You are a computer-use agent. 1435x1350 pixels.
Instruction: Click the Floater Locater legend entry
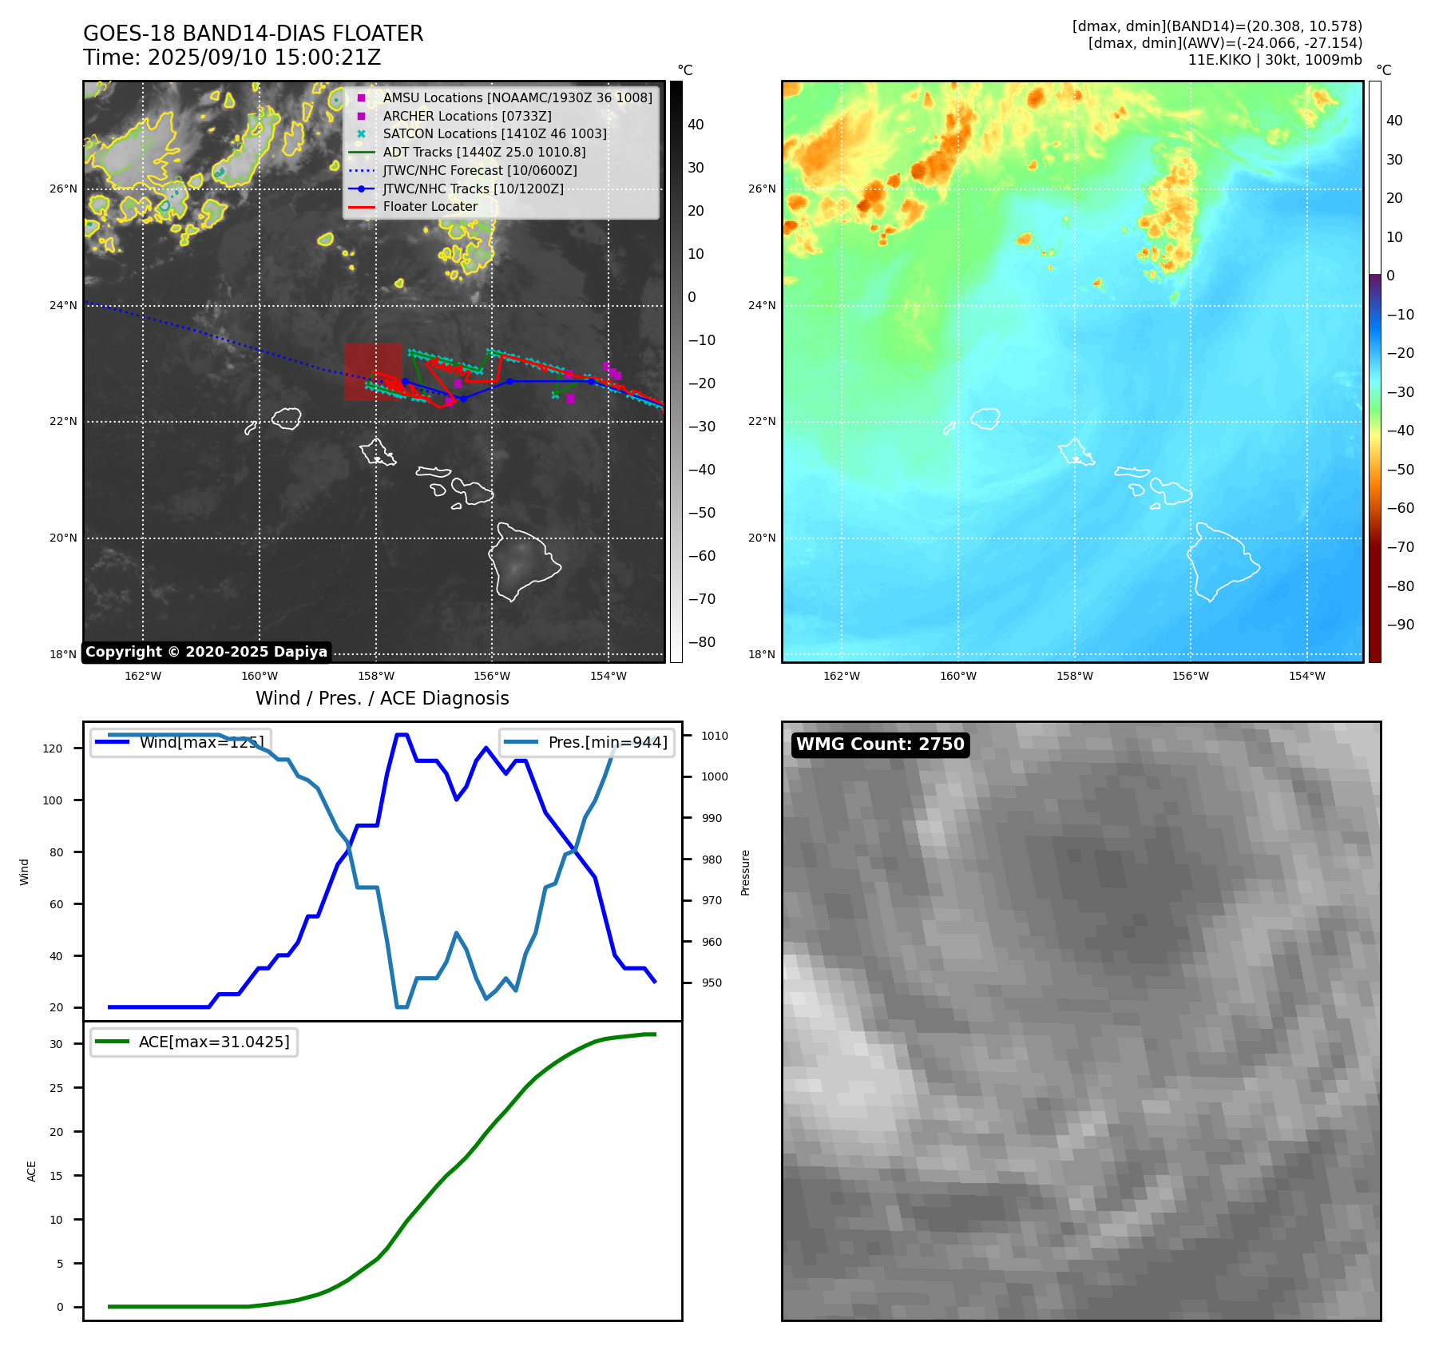click(x=430, y=207)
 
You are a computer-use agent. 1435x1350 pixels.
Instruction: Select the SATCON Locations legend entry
click(x=494, y=134)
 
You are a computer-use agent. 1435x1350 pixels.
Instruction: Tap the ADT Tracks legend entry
click(x=484, y=152)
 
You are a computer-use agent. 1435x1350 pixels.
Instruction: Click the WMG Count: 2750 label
click(x=880, y=744)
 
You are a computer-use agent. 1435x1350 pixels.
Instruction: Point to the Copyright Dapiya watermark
click(x=206, y=652)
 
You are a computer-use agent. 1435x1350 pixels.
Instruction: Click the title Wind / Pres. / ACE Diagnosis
click(x=382, y=698)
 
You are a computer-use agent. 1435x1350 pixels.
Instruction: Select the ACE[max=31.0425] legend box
click(x=194, y=1042)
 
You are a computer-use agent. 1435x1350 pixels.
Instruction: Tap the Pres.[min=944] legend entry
click(x=587, y=742)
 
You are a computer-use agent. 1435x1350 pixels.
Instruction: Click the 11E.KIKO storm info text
click(x=1274, y=60)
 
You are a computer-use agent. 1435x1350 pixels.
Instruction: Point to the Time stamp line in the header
click(x=232, y=58)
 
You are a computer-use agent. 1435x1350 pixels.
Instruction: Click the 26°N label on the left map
click(x=63, y=189)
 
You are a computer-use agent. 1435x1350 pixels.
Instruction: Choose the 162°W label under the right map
click(x=841, y=676)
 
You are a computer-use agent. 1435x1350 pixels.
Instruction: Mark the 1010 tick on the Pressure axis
click(x=715, y=736)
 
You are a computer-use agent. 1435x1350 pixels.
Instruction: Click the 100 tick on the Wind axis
click(x=52, y=800)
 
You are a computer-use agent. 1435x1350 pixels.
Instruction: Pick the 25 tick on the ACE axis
click(x=56, y=1088)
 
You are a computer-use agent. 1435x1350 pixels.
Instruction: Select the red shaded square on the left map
click(x=373, y=371)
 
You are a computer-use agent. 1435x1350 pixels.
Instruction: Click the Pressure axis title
click(x=745, y=872)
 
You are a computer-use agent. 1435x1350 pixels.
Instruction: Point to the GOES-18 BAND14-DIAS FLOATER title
click(x=253, y=34)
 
